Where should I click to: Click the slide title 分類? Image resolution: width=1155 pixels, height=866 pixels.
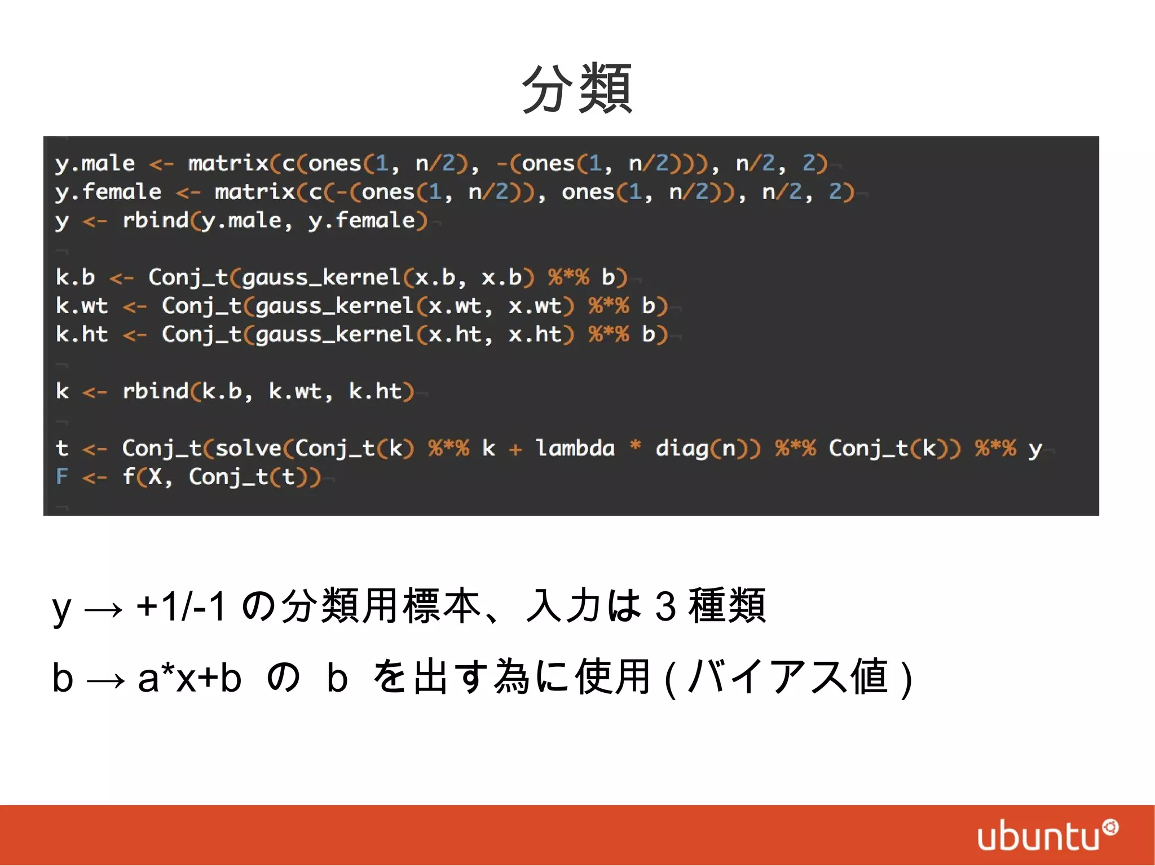[577, 89]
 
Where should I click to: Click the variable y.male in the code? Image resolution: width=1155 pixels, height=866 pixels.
[95, 164]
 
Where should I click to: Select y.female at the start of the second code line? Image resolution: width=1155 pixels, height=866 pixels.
[108, 192]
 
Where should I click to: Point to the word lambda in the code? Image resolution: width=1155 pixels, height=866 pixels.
[575, 449]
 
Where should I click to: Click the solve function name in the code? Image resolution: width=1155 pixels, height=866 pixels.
[248, 449]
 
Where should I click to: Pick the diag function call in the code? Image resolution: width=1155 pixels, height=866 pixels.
[681, 449]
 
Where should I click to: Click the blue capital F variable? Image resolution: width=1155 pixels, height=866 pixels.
[61, 477]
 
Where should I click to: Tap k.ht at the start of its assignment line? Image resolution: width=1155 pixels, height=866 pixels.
[82, 335]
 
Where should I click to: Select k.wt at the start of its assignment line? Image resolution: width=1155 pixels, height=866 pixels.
[82, 306]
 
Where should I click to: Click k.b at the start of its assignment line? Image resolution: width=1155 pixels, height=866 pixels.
[75, 278]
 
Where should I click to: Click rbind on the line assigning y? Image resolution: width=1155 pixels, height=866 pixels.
[155, 221]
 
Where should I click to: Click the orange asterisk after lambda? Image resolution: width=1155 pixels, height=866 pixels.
[635, 446]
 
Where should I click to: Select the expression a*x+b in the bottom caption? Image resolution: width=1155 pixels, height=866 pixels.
[189, 678]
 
